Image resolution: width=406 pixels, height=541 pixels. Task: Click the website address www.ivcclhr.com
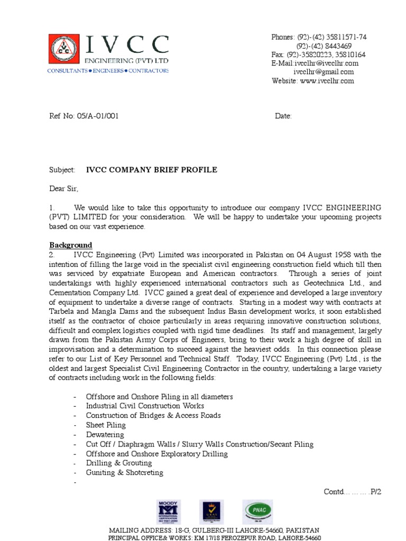click(x=327, y=81)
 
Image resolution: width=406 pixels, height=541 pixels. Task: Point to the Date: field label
click(x=283, y=116)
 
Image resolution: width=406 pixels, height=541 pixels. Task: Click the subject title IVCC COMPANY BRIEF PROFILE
click(x=152, y=170)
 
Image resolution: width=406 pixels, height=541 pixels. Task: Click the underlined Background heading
click(x=71, y=245)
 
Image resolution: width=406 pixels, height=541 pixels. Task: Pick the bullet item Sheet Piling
click(x=106, y=425)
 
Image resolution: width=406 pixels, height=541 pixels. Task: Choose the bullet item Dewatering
click(x=105, y=434)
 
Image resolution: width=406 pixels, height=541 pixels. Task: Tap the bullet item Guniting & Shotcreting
click(x=125, y=472)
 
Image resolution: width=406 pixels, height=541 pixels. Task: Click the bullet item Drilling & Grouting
click(x=119, y=463)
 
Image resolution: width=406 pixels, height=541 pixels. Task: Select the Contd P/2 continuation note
click(x=352, y=491)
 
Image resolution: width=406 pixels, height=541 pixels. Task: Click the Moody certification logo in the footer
click(x=168, y=512)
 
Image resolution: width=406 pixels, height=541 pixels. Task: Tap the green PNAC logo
click(x=258, y=511)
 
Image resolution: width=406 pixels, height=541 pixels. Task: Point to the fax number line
click(x=318, y=54)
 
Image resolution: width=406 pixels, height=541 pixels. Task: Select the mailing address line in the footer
click(x=214, y=530)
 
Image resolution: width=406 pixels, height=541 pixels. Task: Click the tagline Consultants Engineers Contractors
click(x=108, y=70)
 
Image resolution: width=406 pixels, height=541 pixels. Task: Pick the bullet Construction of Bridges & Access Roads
click(x=153, y=415)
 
